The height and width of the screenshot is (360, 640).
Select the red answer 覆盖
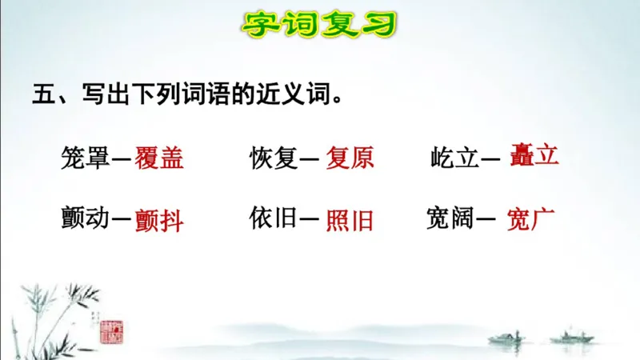click(159, 158)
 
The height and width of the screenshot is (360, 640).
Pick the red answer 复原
click(350, 158)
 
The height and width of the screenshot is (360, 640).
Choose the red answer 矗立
click(534, 154)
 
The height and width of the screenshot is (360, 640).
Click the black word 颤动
click(84, 218)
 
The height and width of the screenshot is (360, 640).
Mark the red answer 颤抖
click(159, 220)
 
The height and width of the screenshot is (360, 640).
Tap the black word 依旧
click(273, 218)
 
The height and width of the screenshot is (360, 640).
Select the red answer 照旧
click(350, 220)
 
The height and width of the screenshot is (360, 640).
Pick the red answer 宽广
click(530, 218)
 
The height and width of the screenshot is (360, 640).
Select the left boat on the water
click(506, 337)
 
